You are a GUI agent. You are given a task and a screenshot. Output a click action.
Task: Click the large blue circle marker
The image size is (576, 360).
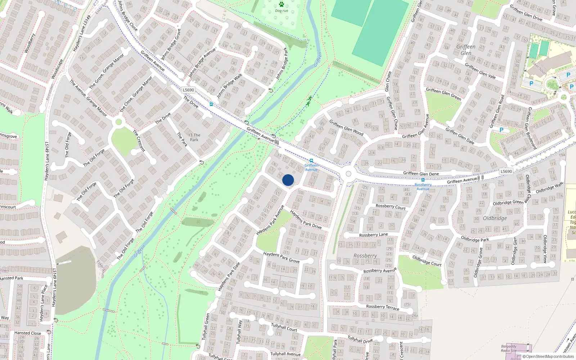(288, 180)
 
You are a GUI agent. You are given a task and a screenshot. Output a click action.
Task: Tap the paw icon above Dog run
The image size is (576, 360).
(281, 5)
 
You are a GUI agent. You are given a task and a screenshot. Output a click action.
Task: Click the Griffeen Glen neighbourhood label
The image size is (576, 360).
(466, 50)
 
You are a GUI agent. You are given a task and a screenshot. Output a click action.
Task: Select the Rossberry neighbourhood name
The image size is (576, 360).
(365, 256)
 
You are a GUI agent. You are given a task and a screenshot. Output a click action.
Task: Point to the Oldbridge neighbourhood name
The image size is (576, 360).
(495, 218)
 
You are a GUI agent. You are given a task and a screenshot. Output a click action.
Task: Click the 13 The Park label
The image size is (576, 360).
(194, 138)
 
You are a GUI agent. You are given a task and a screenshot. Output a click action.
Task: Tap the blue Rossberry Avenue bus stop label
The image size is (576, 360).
(423, 186)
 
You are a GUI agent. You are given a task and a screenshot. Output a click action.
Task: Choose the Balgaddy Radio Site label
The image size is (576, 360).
(509, 348)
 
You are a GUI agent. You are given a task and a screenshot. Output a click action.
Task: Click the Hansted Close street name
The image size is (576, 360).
(28, 333)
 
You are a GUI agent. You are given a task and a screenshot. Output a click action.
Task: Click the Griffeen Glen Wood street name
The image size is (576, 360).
(346, 128)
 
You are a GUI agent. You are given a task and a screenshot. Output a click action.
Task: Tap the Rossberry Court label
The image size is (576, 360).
(390, 207)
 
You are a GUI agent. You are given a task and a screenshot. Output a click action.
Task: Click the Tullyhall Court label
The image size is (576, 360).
(284, 327)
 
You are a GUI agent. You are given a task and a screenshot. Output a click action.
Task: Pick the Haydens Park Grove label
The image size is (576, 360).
(281, 257)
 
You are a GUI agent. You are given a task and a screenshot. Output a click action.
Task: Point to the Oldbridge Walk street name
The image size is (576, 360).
(549, 188)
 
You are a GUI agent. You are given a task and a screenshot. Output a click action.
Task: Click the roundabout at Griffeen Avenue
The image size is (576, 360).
(348, 174)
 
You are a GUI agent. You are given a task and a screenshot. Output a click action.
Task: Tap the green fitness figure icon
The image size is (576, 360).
(309, 101)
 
